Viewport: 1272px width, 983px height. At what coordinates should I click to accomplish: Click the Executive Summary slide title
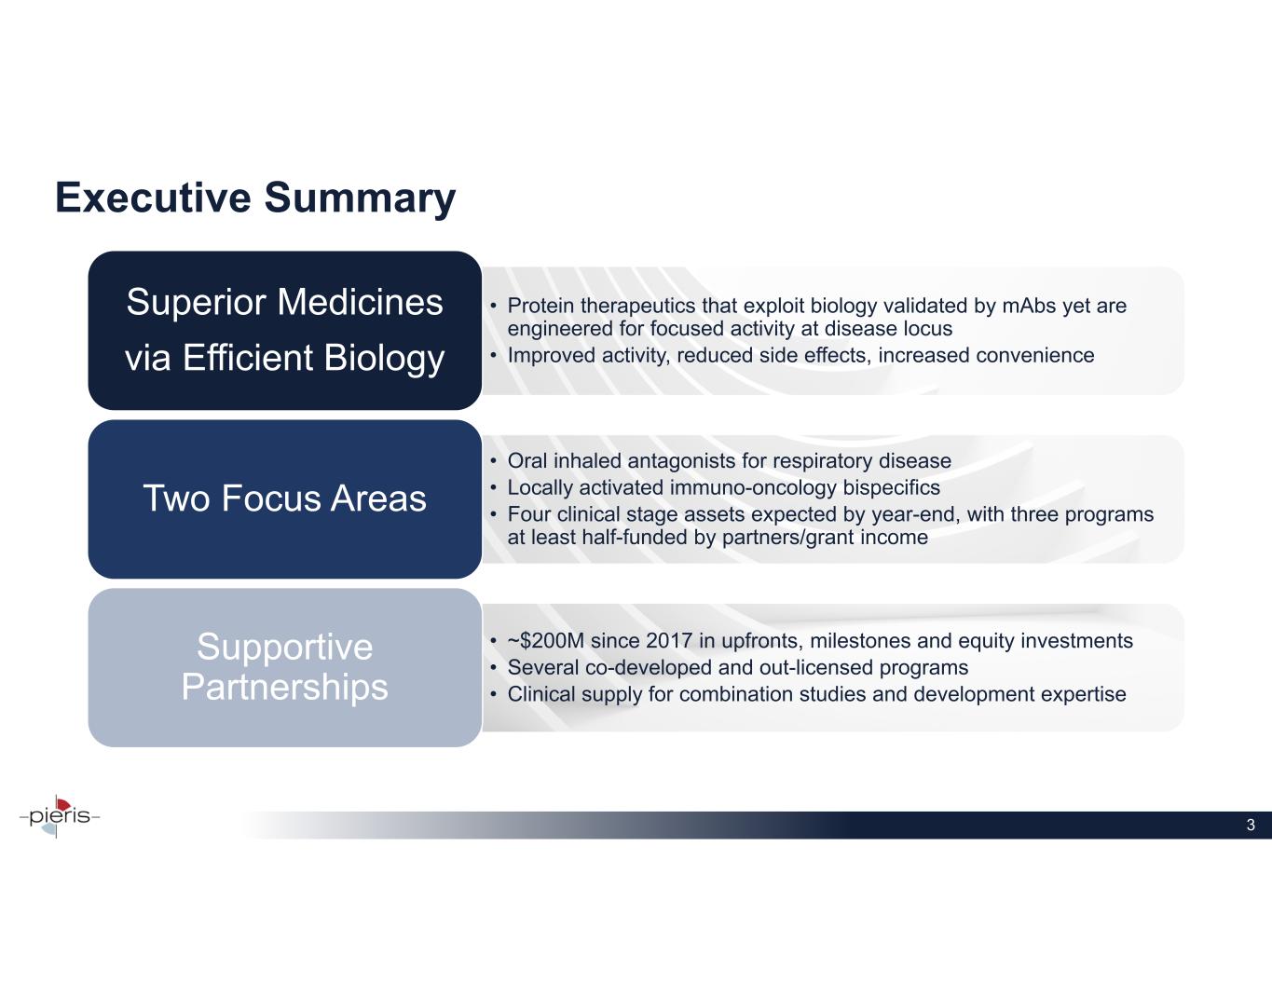coord(255,198)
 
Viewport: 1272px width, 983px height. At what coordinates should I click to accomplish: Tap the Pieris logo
coord(59,815)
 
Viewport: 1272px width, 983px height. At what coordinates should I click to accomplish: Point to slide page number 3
coord(1251,825)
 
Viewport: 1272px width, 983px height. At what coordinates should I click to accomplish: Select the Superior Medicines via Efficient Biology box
coord(284,330)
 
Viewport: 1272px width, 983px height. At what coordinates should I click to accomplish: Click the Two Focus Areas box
coord(284,498)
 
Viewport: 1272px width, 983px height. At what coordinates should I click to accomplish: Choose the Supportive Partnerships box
coord(284,667)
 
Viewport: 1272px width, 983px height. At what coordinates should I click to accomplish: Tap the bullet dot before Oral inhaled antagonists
coord(494,461)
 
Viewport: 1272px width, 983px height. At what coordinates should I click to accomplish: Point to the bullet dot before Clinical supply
coord(494,694)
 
